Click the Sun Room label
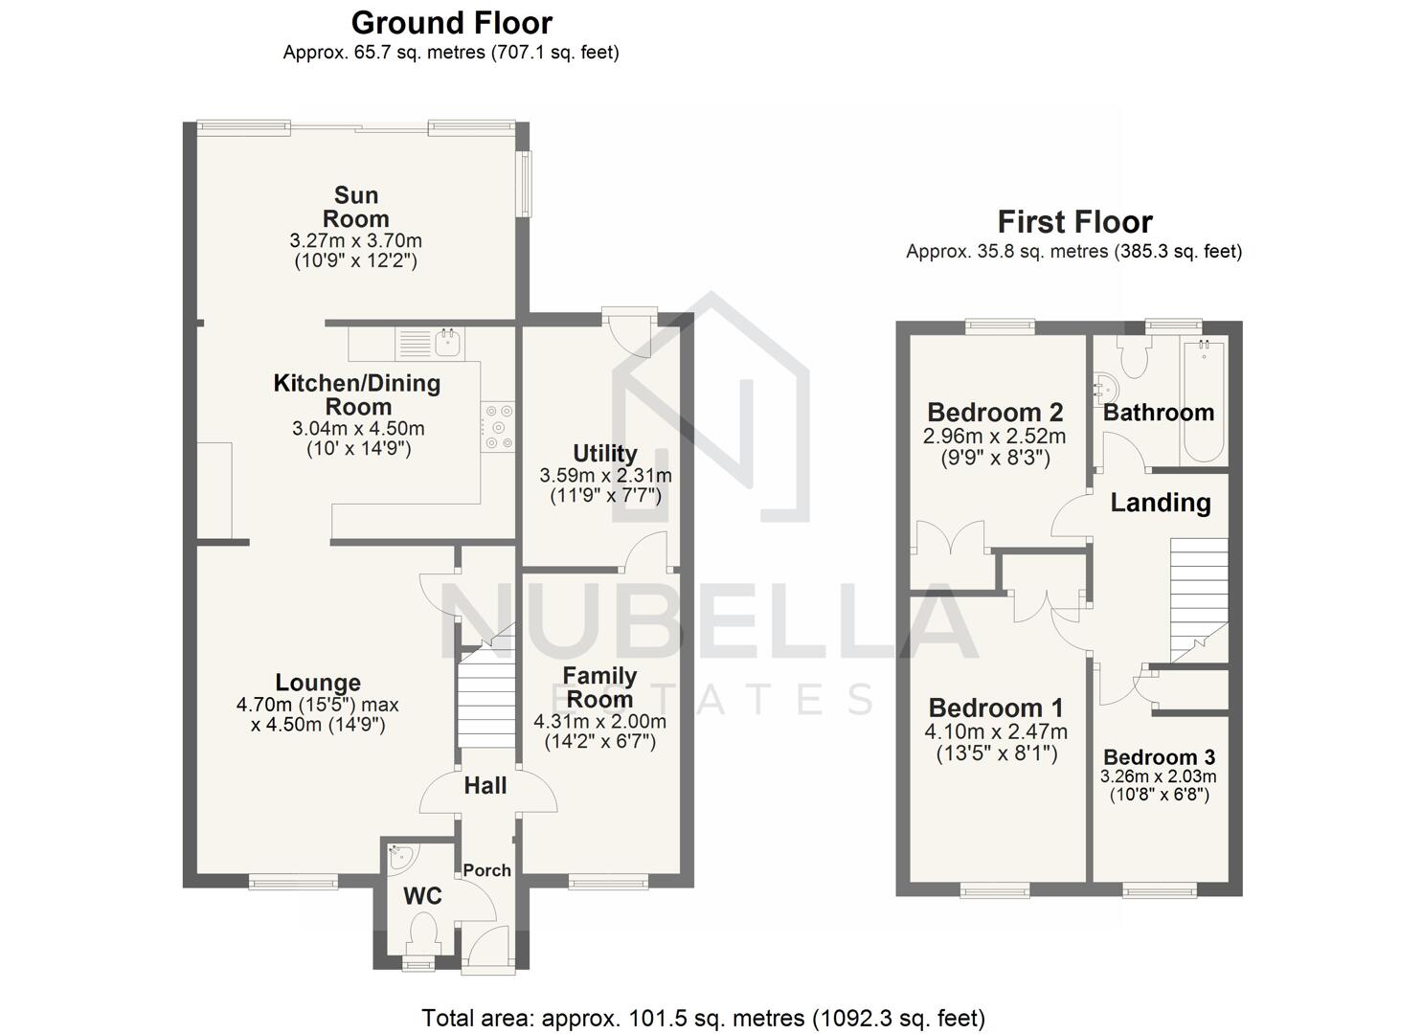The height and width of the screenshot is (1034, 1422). point(355,207)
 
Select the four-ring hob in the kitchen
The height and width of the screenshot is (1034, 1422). point(498,426)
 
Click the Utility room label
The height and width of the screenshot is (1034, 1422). point(604,453)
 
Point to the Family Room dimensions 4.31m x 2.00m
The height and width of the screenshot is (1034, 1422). point(599,721)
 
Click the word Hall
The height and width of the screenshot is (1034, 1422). point(485,786)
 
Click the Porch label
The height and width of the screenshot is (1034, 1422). point(486,870)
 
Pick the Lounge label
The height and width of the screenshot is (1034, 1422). point(318,683)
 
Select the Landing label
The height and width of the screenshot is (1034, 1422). point(1161,503)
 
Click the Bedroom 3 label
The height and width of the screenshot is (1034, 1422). point(1159,757)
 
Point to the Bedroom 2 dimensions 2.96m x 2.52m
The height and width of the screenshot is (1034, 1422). point(994,437)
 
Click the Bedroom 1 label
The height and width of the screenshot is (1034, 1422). point(996,708)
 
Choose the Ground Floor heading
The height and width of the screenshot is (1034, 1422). point(451,22)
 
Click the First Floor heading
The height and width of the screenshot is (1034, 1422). point(1074,222)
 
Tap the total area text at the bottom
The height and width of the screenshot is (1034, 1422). point(703,1018)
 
